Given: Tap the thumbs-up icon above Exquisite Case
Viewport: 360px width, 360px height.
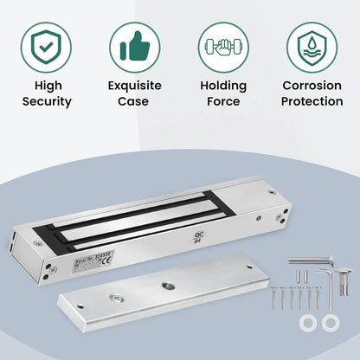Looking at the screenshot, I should point(134,44).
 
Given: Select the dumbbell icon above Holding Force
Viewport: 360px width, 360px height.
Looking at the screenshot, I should point(223,44).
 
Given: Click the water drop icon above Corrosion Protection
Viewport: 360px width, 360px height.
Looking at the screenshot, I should point(312,44).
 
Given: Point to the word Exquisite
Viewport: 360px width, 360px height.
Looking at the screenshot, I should point(134,86).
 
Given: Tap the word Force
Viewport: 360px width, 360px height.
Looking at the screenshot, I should point(223,101).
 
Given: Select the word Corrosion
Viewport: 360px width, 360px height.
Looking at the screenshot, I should point(312,86).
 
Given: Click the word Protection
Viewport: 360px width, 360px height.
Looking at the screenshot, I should point(312,101).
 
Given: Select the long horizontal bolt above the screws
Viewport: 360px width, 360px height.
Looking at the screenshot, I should point(310,260).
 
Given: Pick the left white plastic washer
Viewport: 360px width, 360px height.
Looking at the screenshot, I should point(308,323).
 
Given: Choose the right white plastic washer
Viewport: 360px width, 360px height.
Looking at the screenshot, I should point(330,323).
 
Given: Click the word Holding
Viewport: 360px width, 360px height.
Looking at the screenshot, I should point(223,86).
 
